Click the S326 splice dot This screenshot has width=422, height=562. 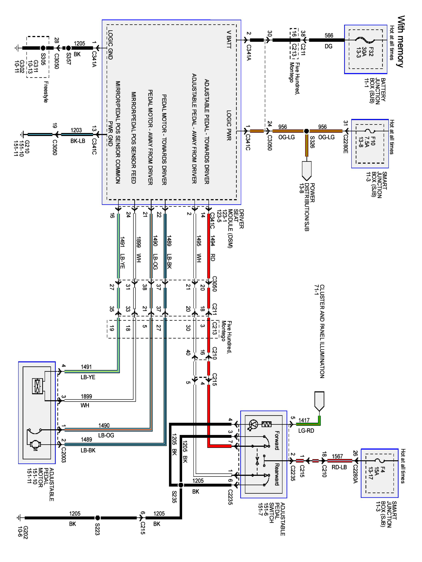(306, 131)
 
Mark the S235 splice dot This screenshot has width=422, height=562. (181, 485)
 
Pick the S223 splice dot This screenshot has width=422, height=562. (97, 518)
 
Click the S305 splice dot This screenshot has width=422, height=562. (43, 48)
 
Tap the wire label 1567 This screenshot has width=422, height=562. (337, 457)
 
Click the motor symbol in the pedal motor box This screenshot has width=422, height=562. (35, 445)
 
